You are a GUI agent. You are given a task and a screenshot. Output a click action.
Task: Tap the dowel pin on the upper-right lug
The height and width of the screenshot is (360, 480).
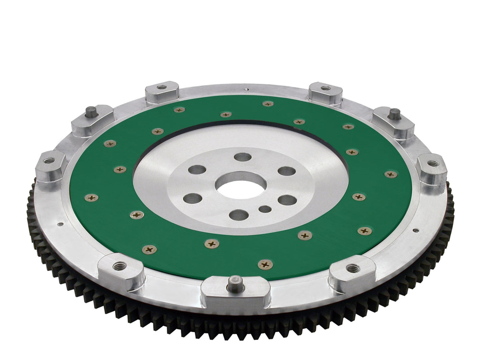tap(394, 112)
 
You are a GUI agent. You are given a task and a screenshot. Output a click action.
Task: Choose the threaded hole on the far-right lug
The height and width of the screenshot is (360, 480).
tap(432, 163)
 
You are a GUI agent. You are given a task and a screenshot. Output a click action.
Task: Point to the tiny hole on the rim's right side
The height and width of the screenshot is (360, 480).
tap(415, 229)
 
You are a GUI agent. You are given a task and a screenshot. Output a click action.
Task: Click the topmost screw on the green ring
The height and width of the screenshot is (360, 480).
tap(268, 104)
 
